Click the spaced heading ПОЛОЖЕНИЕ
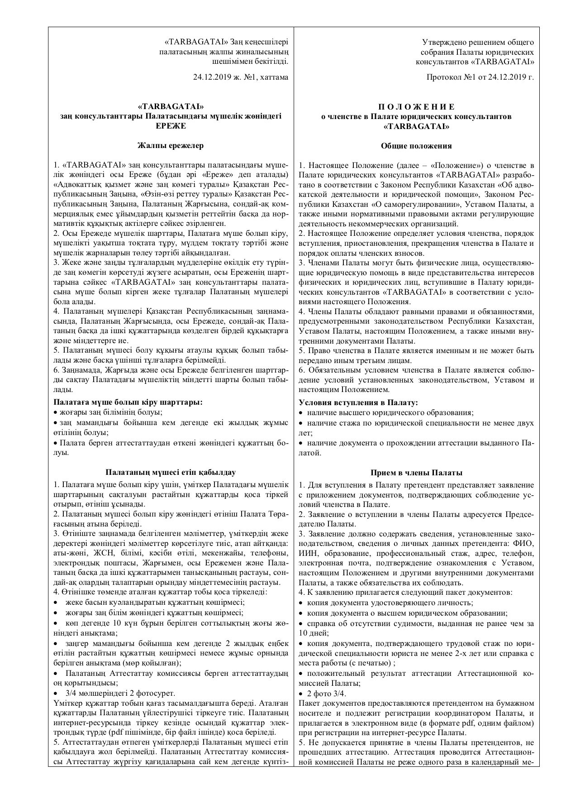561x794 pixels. [x=416, y=107]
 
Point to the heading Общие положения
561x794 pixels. [x=416, y=146]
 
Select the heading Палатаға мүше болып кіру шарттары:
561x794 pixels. [x=128, y=402]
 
